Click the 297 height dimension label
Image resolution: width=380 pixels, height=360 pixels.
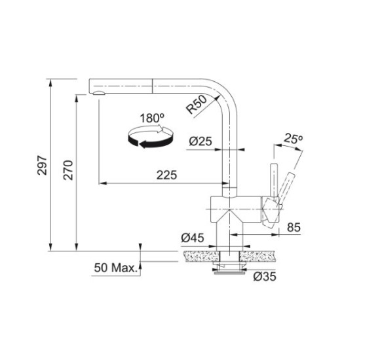pyautogui.click(x=42, y=166)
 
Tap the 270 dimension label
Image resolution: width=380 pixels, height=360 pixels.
pyautogui.click(x=68, y=170)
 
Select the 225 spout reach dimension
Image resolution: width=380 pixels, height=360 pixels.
pyautogui.click(x=166, y=175)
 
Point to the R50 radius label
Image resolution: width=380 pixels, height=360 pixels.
pyautogui.click(x=197, y=105)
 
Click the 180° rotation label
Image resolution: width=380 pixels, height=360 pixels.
pyautogui.click(x=152, y=118)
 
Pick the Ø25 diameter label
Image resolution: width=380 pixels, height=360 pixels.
pyautogui.click(x=200, y=141)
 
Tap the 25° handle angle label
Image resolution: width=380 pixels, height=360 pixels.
pyautogui.click(x=294, y=139)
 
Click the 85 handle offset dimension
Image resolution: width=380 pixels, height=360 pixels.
pyautogui.click(x=294, y=227)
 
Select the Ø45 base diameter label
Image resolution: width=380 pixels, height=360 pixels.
pyautogui.click(x=193, y=238)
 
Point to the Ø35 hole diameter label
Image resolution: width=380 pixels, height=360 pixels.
pyautogui.click(x=265, y=276)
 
